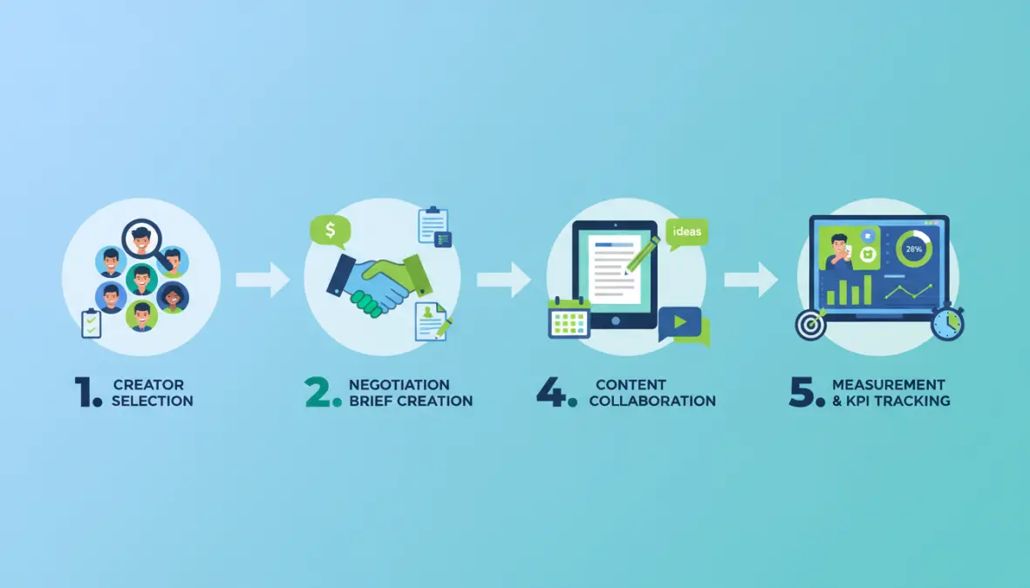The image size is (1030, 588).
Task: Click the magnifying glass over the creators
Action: (142, 238)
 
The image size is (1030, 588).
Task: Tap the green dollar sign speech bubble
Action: (330, 231)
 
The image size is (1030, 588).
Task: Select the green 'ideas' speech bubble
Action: (686, 233)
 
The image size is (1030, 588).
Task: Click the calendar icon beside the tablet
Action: (569, 318)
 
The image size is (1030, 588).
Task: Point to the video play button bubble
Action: (683, 326)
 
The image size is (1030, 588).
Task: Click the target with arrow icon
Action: (810, 323)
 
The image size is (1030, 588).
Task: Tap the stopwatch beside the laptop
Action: (947, 321)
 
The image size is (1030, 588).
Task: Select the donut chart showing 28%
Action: (914, 249)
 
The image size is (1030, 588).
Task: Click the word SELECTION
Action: (153, 401)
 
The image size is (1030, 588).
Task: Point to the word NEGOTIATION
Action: (399, 384)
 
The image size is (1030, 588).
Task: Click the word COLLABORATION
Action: (652, 401)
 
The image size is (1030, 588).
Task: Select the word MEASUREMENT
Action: (889, 384)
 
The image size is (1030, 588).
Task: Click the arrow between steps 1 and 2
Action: (263, 280)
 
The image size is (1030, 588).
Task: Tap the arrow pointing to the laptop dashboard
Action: (751, 280)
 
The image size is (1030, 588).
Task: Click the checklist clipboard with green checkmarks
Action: (92, 323)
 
